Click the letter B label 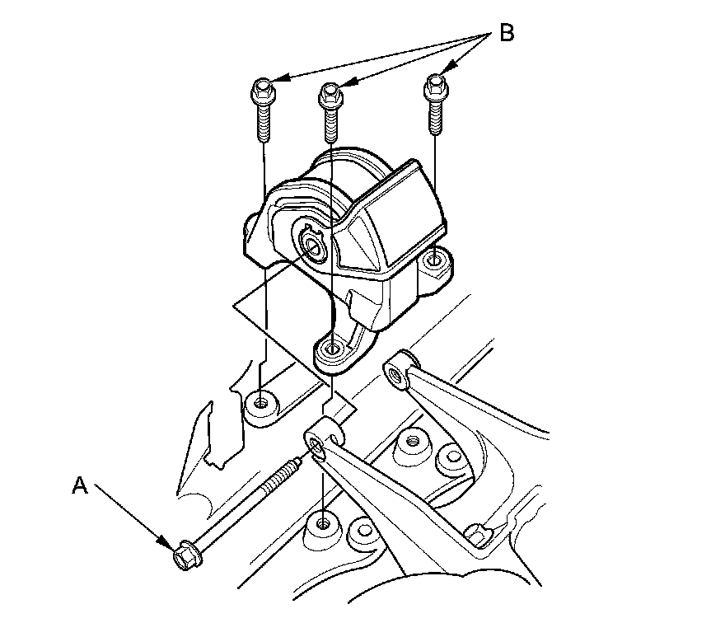[507, 34]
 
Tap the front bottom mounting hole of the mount [331, 349]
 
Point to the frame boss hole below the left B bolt [262, 403]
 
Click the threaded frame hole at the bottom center [322, 522]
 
